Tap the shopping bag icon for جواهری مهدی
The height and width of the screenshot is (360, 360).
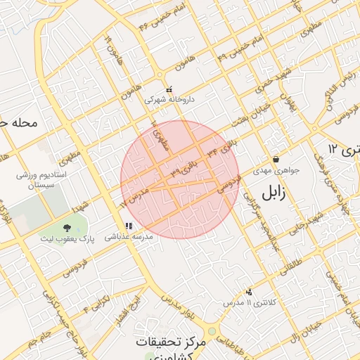(275, 160)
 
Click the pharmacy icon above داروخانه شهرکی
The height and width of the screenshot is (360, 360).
(169, 90)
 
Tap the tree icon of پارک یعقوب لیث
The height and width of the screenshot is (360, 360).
(67, 228)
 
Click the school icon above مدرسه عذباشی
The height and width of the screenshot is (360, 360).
(128, 226)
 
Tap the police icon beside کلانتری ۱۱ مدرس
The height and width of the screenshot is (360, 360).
(248, 291)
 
